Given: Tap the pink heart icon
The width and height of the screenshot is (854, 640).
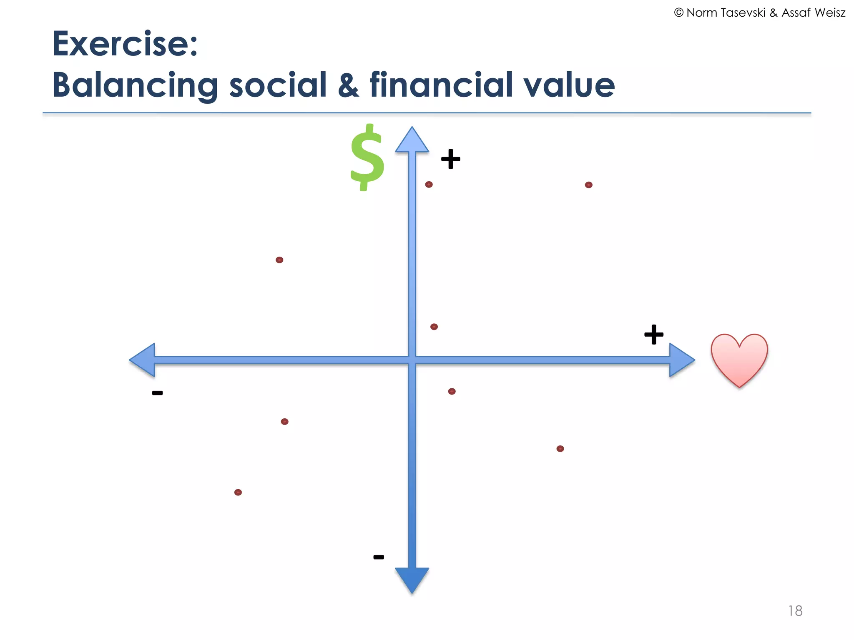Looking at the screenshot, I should tap(739, 358).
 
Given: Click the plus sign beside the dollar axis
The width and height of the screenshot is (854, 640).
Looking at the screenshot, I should tap(450, 159).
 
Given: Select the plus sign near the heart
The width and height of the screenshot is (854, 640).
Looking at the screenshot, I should tap(653, 334).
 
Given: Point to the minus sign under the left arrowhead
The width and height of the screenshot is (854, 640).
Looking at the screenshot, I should tap(157, 393).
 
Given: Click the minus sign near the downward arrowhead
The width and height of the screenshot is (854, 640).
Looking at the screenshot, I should tap(379, 557).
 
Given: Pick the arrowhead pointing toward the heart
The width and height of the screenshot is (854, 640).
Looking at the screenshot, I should tap(681, 360).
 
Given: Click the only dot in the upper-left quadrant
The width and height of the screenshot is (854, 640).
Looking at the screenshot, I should tap(279, 260).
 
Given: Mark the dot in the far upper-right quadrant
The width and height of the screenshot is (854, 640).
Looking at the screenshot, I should tap(588, 185).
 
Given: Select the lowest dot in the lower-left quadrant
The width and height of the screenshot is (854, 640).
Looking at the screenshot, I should tap(238, 492).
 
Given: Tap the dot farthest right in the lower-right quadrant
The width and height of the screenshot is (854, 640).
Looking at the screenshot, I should tap(560, 449).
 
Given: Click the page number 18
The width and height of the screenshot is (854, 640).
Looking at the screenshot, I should tap(795, 611).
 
